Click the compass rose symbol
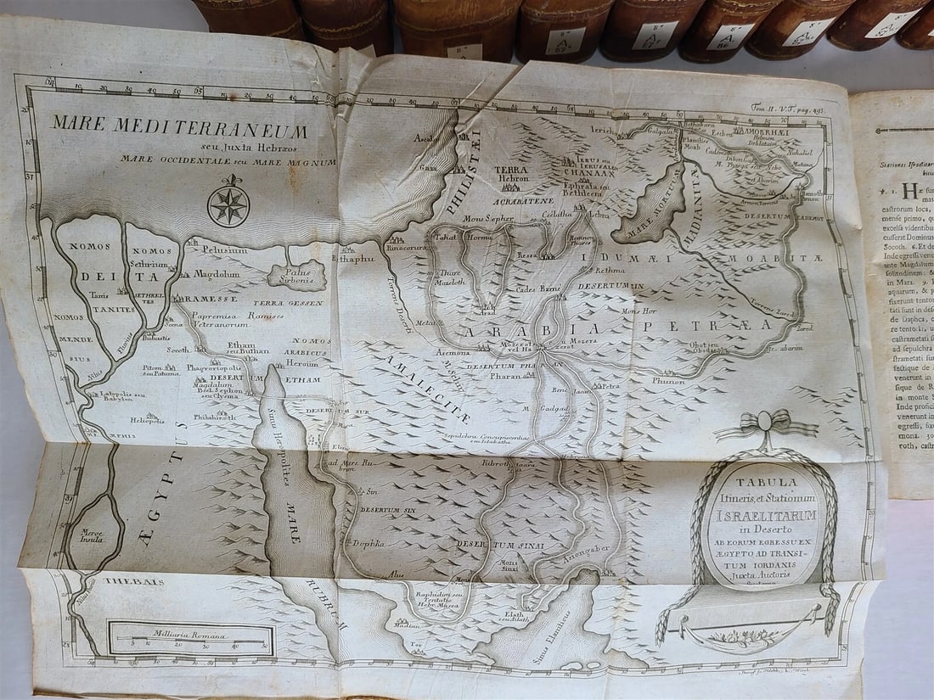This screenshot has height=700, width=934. [228, 206]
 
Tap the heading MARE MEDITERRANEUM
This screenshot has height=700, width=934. [179, 129]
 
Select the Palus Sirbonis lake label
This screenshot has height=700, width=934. [297, 275]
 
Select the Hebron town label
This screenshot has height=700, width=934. [513, 179]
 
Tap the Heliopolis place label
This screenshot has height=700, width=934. [146, 419]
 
